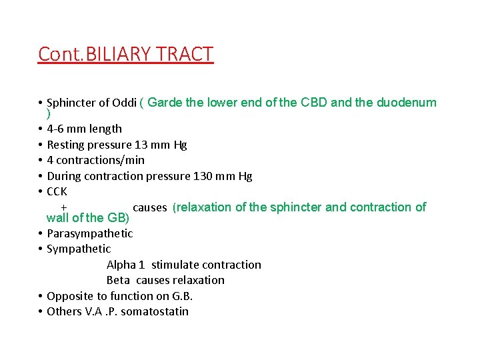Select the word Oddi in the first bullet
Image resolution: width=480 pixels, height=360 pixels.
[x=123, y=103]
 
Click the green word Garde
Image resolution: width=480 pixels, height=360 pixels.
[x=163, y=103]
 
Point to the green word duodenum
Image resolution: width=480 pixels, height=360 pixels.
[x=407, y=103]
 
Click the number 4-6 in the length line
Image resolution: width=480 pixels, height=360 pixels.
[x=57, y=129]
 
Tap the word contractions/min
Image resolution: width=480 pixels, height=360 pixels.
[x=101, y=160]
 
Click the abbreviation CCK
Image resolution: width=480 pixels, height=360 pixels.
[x=57, y=191]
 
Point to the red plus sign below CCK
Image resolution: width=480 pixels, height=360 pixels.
[x=63, y=207]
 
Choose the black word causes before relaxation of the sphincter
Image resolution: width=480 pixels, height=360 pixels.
[x=150, y=207]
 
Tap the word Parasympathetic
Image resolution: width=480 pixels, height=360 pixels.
[x=90, y=233]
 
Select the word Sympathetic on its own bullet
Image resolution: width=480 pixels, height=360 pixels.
[x=79, y=249]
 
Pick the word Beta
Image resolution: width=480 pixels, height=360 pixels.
[x=118, y=280]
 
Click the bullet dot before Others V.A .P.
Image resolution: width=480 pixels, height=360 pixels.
[x=41, y=311]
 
